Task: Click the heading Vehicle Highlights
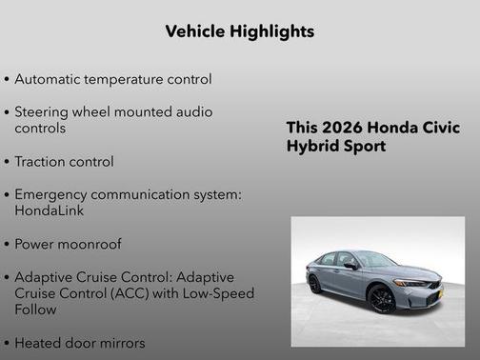point(239,31)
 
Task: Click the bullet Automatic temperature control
point(112,79)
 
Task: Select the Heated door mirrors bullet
point(80,343)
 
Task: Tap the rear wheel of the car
point(314,284)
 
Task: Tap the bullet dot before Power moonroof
point(8,245)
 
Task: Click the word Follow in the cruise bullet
point(37,310)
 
